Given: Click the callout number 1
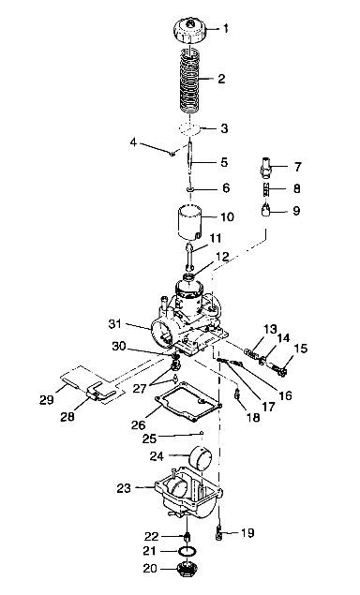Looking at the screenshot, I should (225, 29).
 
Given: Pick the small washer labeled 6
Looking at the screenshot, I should (189, 188).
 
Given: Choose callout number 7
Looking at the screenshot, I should (297, 167).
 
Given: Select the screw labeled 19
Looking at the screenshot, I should (219, 533).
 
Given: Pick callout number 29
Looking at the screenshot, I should (48, 399).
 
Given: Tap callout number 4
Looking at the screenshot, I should (133, 142).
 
